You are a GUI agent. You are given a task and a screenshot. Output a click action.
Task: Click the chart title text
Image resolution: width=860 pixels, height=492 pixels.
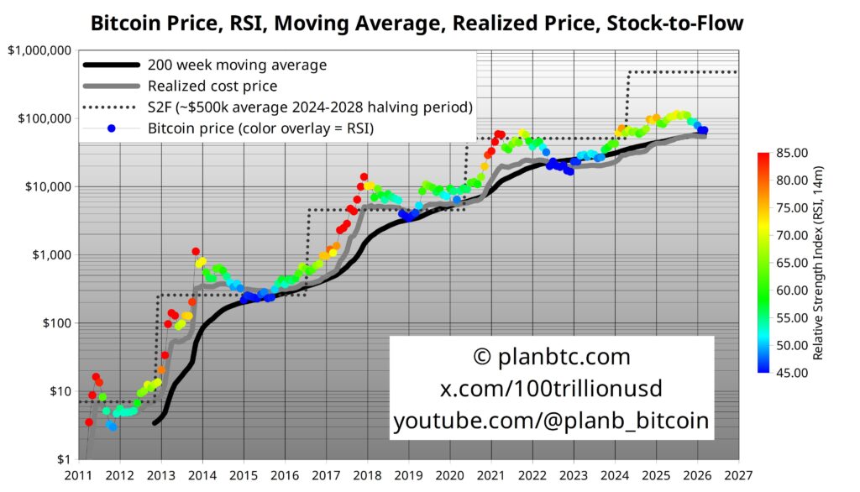417,23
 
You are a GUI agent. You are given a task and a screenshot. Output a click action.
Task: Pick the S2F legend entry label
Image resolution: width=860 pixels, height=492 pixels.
310,107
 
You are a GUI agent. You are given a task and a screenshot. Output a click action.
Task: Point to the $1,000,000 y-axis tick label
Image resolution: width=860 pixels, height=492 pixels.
39,50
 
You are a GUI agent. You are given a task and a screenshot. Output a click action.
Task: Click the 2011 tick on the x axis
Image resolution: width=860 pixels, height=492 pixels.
79,476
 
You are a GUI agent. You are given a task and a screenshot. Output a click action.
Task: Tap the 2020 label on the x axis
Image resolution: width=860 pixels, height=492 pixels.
450,476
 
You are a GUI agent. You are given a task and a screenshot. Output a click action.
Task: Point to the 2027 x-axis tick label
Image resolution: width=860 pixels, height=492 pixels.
738,476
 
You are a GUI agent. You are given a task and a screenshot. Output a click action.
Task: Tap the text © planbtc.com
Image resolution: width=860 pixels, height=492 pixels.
552,357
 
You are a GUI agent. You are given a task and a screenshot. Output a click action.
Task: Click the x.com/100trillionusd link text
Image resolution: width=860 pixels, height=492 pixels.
552,389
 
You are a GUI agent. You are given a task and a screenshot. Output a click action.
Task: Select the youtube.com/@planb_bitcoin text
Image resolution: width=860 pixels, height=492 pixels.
552,421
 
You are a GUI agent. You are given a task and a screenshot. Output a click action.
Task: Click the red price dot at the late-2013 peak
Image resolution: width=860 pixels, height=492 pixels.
196,251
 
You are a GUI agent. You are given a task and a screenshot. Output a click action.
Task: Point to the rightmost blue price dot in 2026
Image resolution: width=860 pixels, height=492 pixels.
704,130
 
